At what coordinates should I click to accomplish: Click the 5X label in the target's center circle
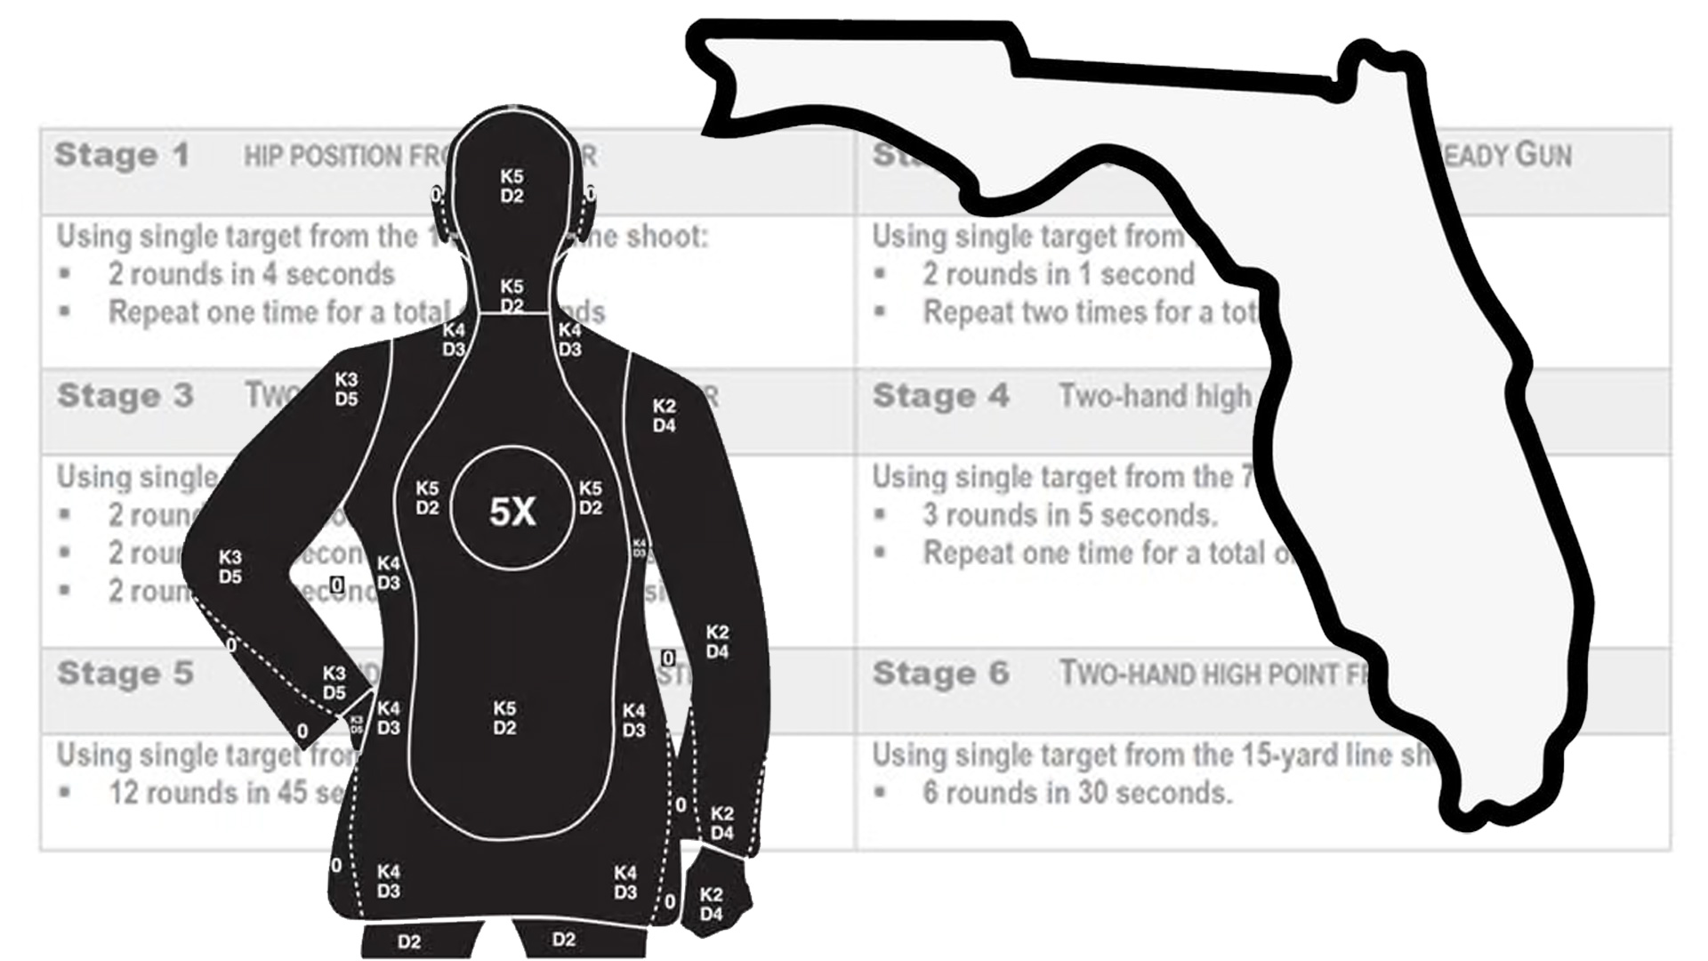[x=512, y=511]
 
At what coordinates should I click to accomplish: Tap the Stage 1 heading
[x=122, y=155]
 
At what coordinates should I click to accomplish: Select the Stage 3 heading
[x=125, y=395]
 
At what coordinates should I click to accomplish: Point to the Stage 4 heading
[x=940, y=395]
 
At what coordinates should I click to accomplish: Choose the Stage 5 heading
[x=125, y=673]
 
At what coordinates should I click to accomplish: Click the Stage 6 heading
[x=940, y=673]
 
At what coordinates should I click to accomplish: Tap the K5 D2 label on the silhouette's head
[x=512, y=186]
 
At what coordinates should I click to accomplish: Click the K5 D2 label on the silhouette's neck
[x=512, y=295]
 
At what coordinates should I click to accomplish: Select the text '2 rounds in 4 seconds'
[x=251, y=274]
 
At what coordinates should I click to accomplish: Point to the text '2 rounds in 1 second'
[x=1058, y=274]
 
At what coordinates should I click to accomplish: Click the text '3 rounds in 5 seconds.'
[x=1069, y=514]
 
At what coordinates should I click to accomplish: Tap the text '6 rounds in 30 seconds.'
[x=1076, y=792]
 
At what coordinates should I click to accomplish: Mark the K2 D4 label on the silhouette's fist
[x=711, y=904]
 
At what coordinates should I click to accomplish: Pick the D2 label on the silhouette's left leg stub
[x=409, y=941]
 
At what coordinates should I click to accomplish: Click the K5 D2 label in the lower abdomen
[x=504, y=718]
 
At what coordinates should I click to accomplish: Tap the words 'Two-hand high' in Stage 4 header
[x=1155, y=395]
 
